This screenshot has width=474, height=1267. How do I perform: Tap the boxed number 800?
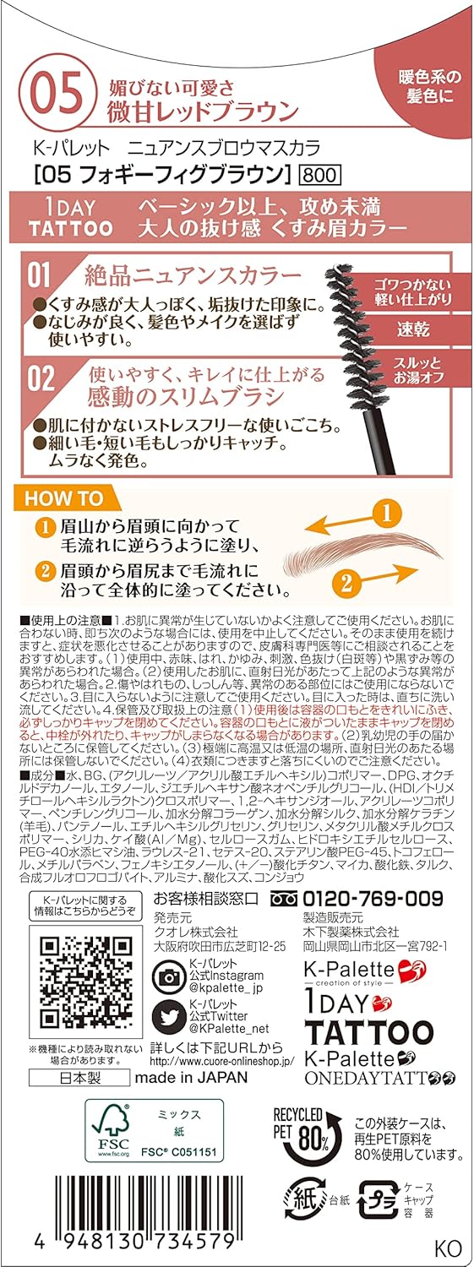[x=319, y=176]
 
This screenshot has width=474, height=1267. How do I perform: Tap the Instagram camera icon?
[x=166, y=976]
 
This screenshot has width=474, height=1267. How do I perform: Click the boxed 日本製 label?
[x=78, y=1077]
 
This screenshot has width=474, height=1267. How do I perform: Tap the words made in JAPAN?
[x=193, y=1077]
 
